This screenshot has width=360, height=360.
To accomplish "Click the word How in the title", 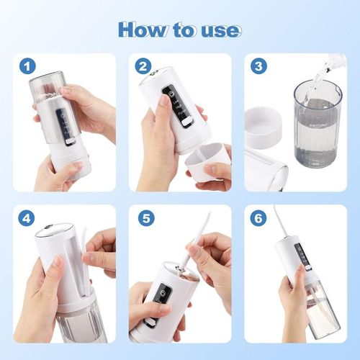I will [x=140, y=30].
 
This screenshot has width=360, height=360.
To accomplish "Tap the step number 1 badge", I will [x=28, y=66].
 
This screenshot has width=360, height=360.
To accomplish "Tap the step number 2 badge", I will [x=143, y=66].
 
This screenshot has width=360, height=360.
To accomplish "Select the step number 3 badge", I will [x=258, y=66].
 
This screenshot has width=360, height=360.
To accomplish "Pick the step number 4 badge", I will [x=28, y=218].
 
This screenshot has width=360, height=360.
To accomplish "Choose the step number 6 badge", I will [x=258, y=218].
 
